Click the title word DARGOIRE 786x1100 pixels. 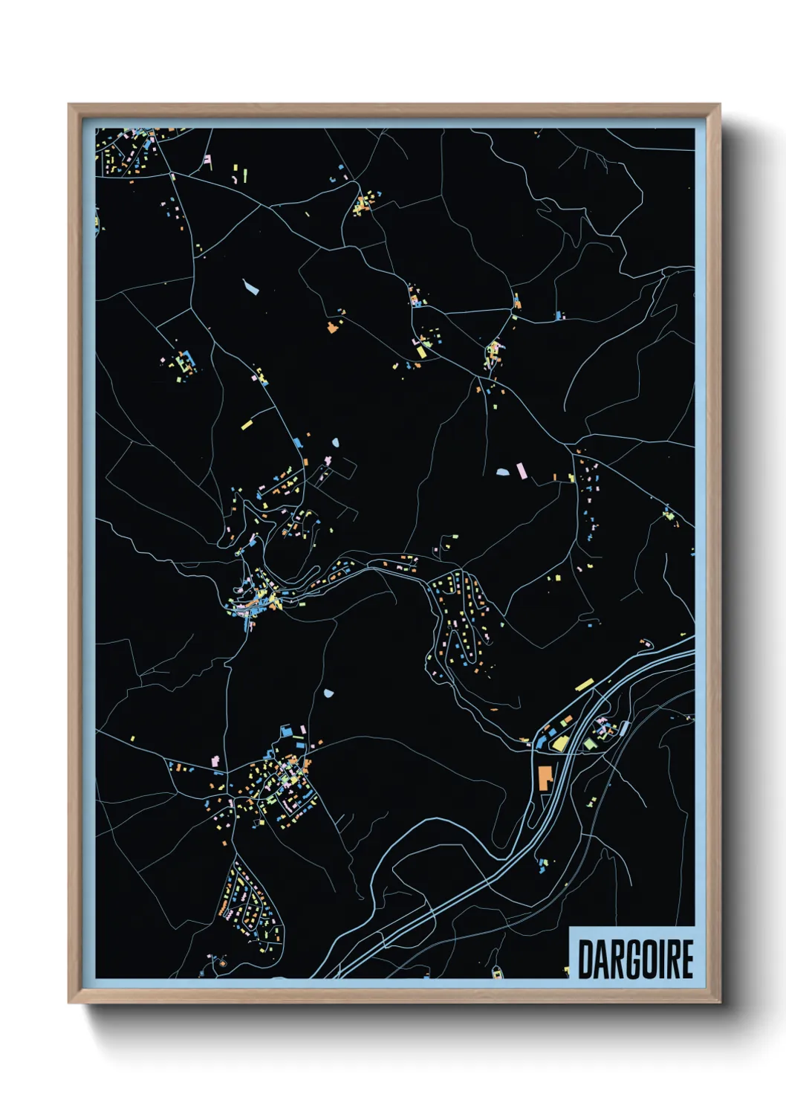(635, 959)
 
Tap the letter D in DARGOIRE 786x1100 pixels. (584, 959)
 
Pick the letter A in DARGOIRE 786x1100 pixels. (598, 959)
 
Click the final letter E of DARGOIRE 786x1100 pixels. (686, 959)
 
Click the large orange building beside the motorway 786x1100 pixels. (545, 776)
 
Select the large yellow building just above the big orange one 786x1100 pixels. (559, 742)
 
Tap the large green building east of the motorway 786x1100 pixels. (590, 743)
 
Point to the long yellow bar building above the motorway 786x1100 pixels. (584, 685)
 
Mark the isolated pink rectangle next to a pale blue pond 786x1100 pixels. (522, 470)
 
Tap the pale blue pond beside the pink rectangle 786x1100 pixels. (503, 471)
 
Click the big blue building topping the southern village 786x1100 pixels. (287, 732)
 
